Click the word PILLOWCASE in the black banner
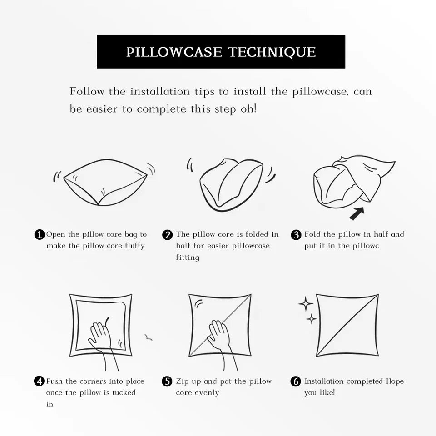(x=174, y=52)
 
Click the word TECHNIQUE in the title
(x=272, y=52)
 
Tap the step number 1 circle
(x=40, y=234)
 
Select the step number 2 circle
(x=168, y=235)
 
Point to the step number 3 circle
(x=296, y=235)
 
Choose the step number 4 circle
(x=39, y=381)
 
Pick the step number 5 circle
(x=167, y=381)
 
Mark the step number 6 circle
(x=296, y=381)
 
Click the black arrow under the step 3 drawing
(x=356, y=213)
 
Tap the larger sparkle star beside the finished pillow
(x=306, y=304)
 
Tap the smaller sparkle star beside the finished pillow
(x=312, y=319)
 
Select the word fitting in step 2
(x=188, y=258)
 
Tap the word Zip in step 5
(x=182, y=381)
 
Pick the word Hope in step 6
(x=395, y=381)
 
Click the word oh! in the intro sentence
(x=248, y=109)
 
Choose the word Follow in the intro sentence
(x=87, y=91)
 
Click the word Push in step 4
(x=54, y=381)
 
